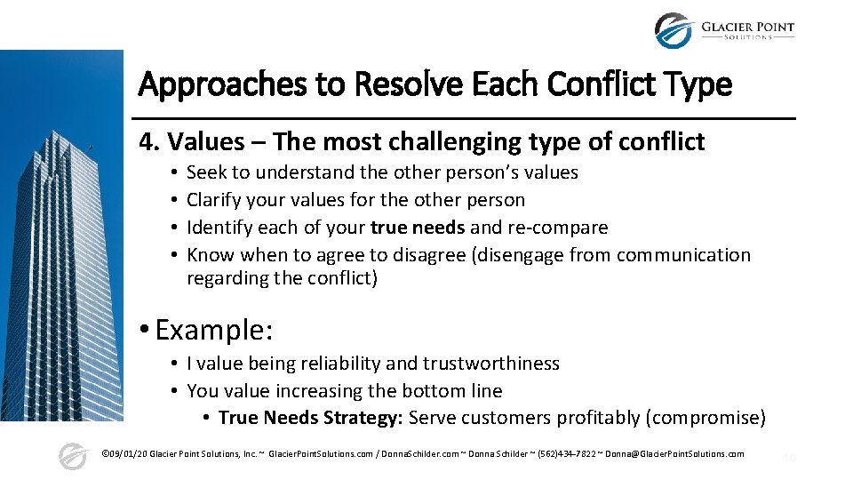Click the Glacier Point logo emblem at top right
click(673, 30)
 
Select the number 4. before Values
click(149, 141)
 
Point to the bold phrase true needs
click(418, 228)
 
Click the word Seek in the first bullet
click(205, 172)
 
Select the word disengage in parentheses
click(517, 255)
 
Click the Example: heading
click(214, 330)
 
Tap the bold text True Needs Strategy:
click(310, 418)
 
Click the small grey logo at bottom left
click(73, 456)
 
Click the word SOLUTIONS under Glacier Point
click(748, 37)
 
